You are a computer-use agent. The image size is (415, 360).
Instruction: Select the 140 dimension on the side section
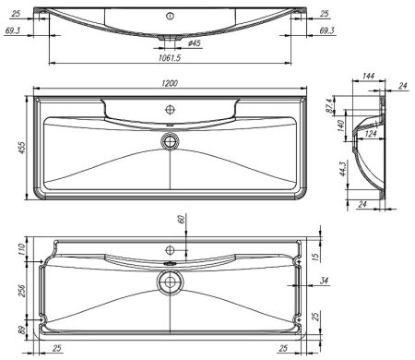[338, 125]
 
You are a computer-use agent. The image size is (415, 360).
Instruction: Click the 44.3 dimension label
[341, 168]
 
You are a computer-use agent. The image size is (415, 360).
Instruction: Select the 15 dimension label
[316, 255]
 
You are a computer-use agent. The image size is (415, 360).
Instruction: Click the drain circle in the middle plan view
[170, 140]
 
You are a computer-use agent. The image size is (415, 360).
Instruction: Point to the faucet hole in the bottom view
[171, 250]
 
